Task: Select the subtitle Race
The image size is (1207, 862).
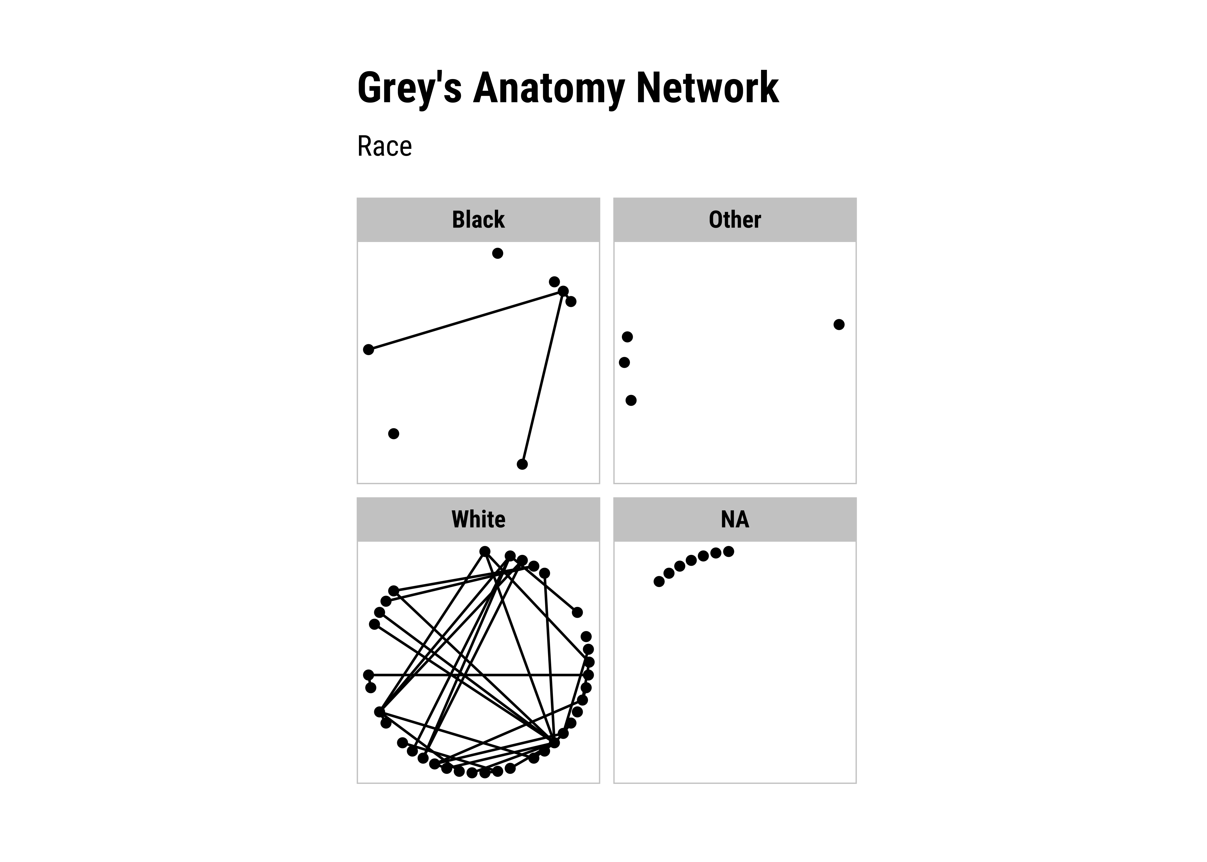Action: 384,147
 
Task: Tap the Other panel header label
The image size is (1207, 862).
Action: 735,220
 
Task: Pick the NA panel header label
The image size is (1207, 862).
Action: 735,519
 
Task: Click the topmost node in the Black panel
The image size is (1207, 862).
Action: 497,253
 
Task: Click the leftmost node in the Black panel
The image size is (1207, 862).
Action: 368,349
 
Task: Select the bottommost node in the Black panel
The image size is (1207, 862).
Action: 522,464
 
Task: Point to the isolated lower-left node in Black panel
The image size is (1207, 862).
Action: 393,434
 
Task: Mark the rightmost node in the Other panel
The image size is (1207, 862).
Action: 839,324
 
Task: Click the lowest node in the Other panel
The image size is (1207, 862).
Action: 631,400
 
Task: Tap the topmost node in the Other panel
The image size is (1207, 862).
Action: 627,336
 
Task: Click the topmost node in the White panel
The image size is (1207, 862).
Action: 485,551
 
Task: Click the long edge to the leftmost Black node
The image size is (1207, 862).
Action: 466,320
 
